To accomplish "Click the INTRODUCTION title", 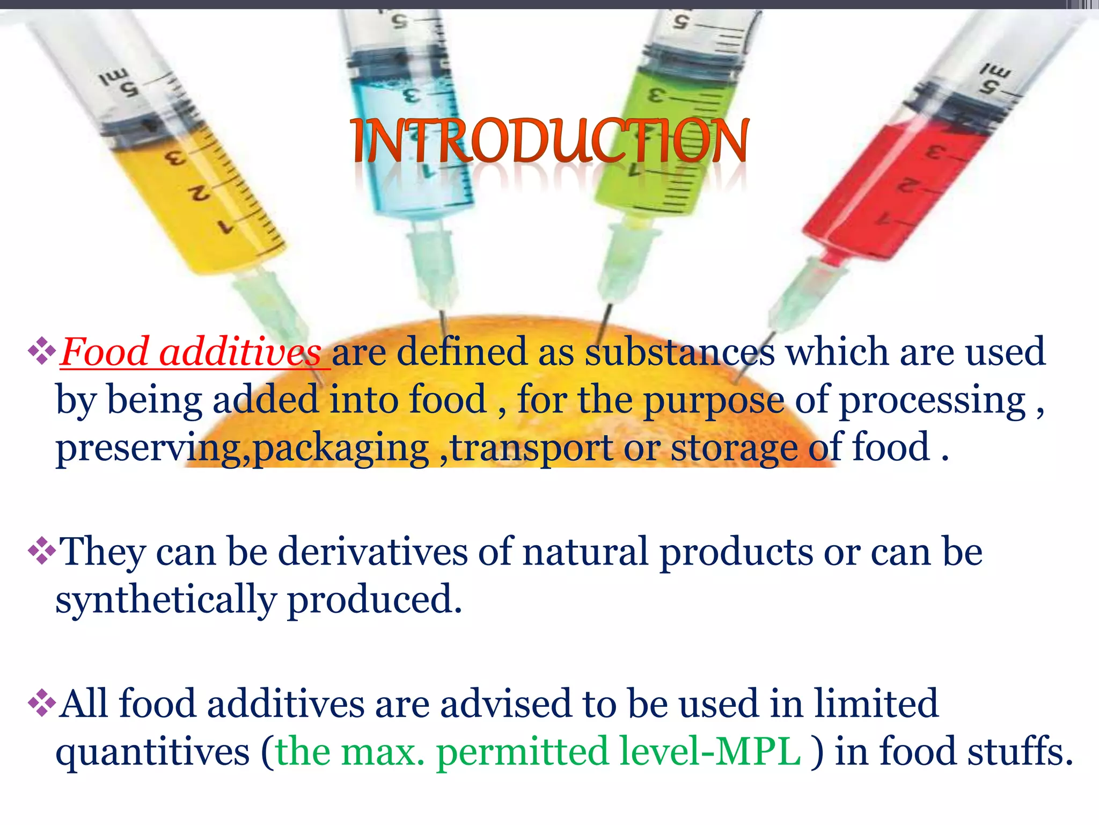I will pos(549,141).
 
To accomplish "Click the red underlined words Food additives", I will pos(191,352).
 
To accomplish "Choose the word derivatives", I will pos(373,552).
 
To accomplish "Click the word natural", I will pos(585,552).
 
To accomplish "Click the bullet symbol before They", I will pos(42,552).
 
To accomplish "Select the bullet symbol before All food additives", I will pos(42,703).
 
